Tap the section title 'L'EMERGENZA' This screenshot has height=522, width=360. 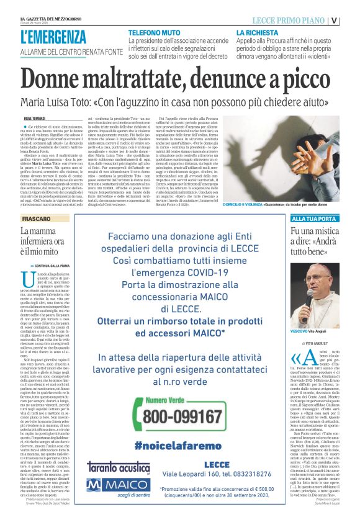[53, 37]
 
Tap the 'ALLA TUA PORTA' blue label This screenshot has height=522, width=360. [316, 219]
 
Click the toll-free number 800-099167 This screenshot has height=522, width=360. [169, 416]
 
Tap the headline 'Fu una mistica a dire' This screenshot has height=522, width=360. [315, 242]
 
